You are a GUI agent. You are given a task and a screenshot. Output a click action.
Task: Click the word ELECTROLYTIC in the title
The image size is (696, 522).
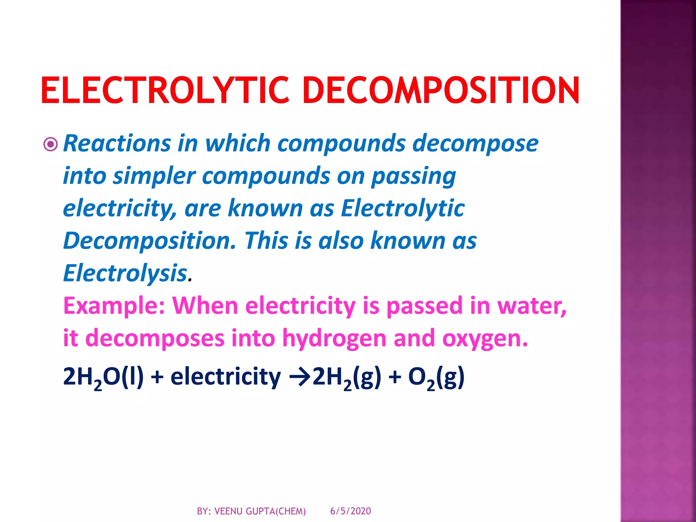click(x=165, y=90)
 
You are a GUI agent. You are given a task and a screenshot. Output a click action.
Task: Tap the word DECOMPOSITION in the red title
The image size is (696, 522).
click(x=441, y=90)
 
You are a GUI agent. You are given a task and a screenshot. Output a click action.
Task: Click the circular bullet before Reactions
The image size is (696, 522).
click(x=51, y=144)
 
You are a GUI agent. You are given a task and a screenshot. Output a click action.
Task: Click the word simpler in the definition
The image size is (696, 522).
click(x=154, y=176)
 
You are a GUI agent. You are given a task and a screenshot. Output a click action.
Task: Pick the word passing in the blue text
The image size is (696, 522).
click(x=413, y=176)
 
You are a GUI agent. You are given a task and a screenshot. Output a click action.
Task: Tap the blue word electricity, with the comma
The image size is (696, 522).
click(x=120, y=208)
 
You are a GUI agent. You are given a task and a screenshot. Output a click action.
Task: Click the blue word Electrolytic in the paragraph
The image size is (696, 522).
click(x=403, y=208)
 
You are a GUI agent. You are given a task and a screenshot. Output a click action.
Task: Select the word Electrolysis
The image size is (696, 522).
click(x=125, y=273)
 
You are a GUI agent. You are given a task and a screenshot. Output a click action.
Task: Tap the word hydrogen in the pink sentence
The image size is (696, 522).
click(x=334, y=338)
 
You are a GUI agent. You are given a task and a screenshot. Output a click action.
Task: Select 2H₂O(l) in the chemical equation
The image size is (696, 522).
click(x=103, y=377)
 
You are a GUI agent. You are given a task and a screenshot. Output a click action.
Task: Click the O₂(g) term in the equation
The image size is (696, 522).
click(x=436, y=377)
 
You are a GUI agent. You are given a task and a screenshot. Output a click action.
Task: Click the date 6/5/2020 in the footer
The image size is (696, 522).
click(x=350, y=511)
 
